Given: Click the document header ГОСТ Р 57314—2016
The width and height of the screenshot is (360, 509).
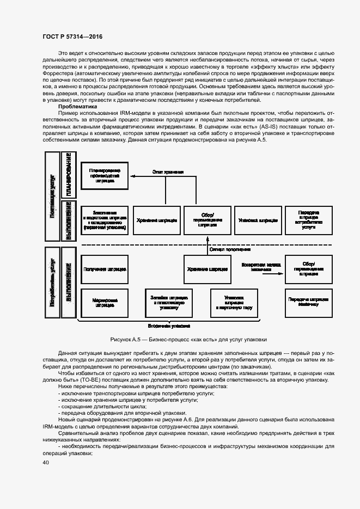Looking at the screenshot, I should pyautogui.click(x=72, y=36).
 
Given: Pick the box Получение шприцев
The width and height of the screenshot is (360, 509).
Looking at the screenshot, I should pyautogui.click(x=105, y=269).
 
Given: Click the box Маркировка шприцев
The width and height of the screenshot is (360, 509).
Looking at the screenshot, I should pyautogui.click(x=105, y=303).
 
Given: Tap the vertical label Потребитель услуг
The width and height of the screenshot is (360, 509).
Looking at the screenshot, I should pyautogui.click(x=52, y=284).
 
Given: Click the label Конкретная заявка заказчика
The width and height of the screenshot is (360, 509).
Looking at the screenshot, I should pyautogui.click(x=261, y=267).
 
